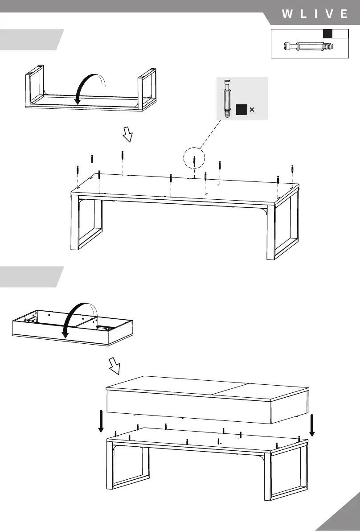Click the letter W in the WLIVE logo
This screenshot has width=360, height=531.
pyautogui.click(x=287, y=14)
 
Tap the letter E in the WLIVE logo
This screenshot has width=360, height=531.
pyautogui.click(x=344, y=14)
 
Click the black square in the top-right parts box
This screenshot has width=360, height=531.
pyautogui.click(x=328, y=33)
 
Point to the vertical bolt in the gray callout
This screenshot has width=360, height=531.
pyautogui.click(x=227, y=98)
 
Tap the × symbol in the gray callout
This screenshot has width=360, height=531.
pyautogui.click(x=252, y=109)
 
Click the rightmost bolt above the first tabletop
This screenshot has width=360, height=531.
pyautogui.click(x=292, y=170)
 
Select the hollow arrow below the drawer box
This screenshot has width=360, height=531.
pyautogui.click(x=115, y=366)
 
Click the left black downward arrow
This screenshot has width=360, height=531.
pyautogui.click(x=101, y=422)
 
